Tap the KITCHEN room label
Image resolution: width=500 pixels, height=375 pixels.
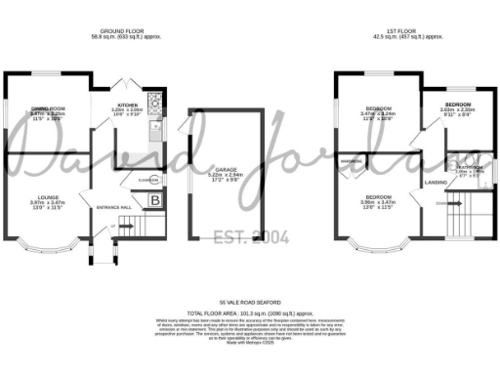click(127, 102)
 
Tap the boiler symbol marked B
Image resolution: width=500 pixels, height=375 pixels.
click(154, 200)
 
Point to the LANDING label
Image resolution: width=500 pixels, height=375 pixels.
click(436, 182)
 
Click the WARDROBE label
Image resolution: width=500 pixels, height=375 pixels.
click(352, 160)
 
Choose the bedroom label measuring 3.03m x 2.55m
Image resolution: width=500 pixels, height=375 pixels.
click(456, 103)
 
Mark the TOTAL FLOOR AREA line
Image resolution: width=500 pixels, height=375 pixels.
click(251, 313)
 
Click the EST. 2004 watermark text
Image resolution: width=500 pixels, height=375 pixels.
click(251, 236)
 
